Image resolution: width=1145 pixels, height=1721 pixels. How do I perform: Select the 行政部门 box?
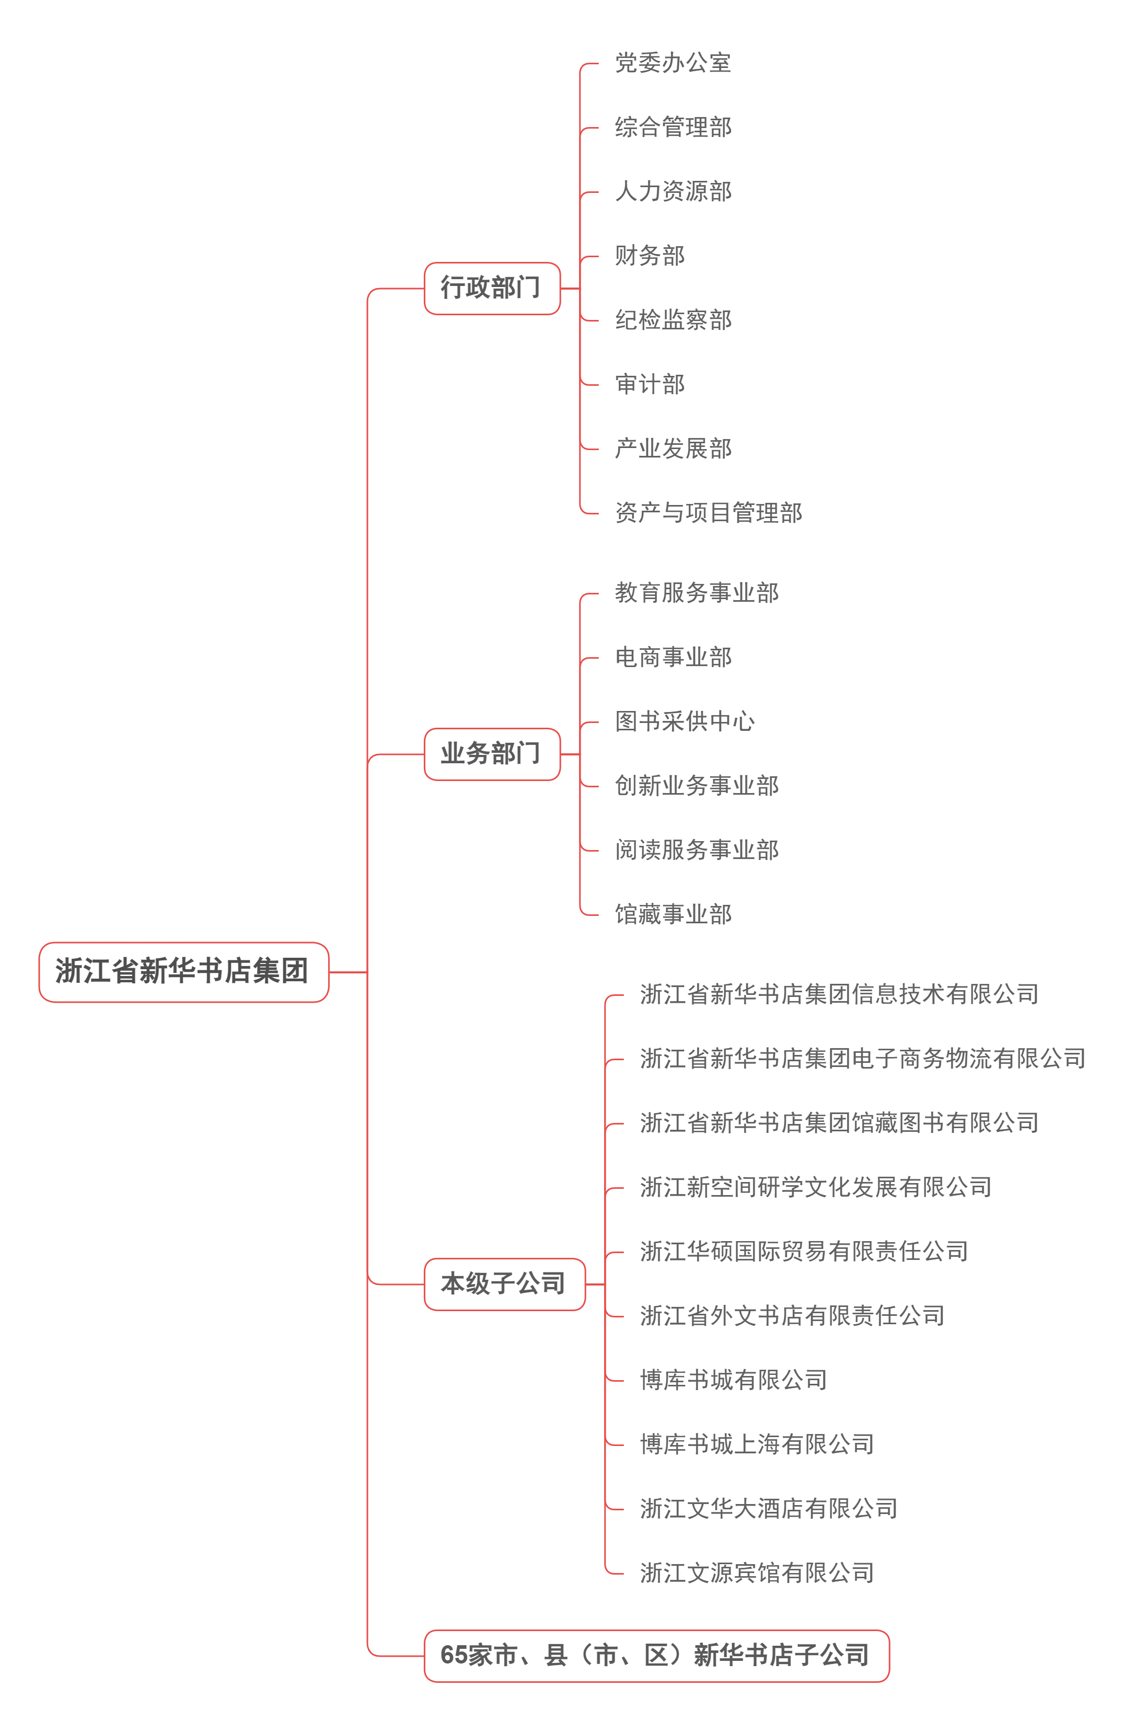coord(491,288)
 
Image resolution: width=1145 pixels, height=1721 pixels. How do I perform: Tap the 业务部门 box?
coord(491,754)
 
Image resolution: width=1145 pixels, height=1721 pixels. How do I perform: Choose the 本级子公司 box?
coord(504,1283)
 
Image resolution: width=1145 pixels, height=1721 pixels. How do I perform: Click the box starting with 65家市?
coord(656,1655)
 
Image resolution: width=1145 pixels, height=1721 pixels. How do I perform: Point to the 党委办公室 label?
coord(673,63)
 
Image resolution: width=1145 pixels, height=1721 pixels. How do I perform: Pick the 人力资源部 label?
coord(673,191)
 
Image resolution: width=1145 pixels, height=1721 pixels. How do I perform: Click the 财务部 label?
coord(649,256)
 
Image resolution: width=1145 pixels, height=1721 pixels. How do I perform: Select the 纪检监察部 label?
coord(673,320)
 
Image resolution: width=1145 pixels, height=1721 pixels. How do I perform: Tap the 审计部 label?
coord(649,384)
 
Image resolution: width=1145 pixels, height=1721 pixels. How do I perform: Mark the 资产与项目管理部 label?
coord(708,513)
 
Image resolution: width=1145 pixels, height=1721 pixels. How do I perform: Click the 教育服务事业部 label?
coord(696,592)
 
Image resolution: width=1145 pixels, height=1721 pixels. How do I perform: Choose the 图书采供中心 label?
coord(684,721)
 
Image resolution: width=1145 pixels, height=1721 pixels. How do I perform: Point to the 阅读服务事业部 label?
coord(696,850)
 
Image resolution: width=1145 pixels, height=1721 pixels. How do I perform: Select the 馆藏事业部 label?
coord(673,914)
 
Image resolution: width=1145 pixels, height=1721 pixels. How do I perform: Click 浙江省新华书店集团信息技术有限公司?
coord(838,994)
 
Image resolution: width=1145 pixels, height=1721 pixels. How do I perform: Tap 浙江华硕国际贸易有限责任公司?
coord(803,1252)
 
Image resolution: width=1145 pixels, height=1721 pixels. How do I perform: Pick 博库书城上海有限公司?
coord(757,1444)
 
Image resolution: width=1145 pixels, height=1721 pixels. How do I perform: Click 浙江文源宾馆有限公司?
coord(757,1573)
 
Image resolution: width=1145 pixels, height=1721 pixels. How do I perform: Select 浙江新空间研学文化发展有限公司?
coord(815,1187)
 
